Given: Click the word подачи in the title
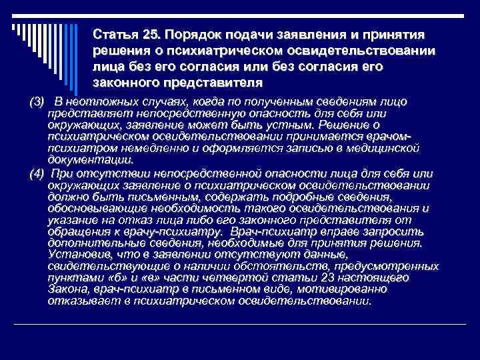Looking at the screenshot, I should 251,34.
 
